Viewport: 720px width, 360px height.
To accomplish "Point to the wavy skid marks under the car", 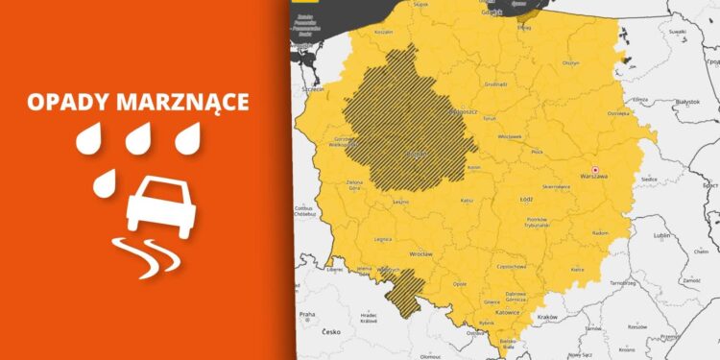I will (144, 254).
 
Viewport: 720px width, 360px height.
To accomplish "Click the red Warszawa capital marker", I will (594, 168).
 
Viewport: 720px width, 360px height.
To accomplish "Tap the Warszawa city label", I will (594, 178).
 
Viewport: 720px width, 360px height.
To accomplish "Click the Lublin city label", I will (660, 234).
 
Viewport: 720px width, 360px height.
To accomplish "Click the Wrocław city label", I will (420, 253).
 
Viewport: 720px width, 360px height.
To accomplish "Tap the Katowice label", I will (507, 313).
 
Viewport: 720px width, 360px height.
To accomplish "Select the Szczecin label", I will (312, 87).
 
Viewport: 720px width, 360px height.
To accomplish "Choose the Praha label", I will (306, 314).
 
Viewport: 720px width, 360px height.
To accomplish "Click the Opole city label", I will (460, 284).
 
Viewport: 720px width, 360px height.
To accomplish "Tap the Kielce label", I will (577, 270).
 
